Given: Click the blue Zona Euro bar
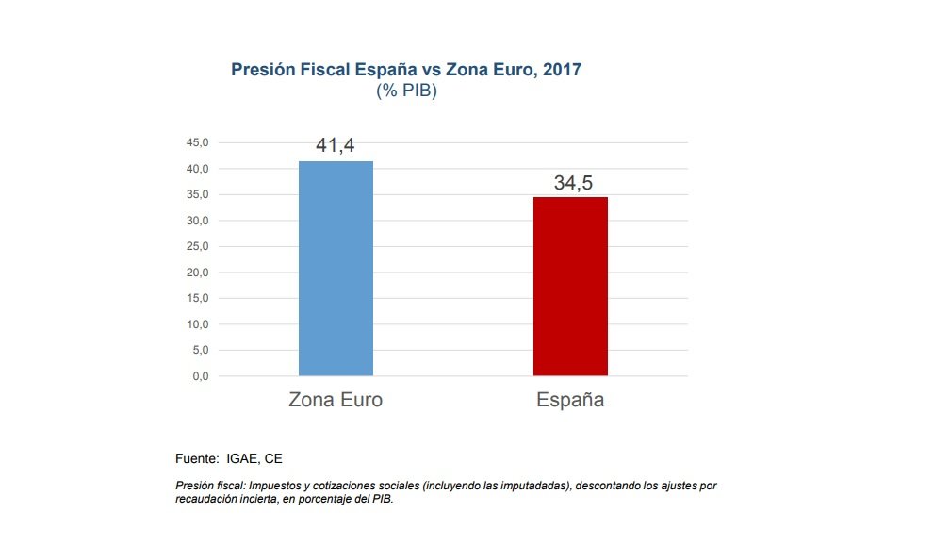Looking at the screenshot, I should (336, 269).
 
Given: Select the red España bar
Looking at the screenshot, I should (570, 287).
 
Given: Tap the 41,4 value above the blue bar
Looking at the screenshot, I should (335, 146).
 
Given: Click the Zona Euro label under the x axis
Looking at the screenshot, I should (336, 400).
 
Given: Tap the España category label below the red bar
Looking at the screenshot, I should (570, 400).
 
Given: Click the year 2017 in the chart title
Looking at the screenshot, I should (562, 70).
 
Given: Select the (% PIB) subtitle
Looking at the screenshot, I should (406, 91).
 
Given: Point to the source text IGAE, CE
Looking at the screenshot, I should (254, 458).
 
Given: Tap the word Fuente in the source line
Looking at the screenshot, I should (197, 458).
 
